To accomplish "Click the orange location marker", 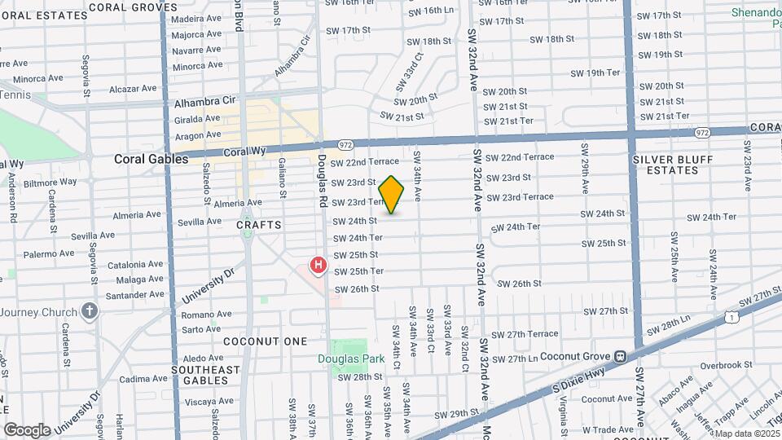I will [392, 195].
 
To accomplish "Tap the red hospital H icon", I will [319, 266].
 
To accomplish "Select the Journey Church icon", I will [90, 311].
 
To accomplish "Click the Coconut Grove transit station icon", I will [620, 355].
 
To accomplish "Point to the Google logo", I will [27, 430].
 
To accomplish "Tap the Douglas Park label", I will [350, 359].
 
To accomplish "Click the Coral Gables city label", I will [151, 160].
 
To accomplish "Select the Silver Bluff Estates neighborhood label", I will [670, 165].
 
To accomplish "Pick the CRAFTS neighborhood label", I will [259, 224].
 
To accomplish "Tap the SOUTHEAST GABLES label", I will [206, 375].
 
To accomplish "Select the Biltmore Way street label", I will [51, 182].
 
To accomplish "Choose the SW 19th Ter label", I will [595, 73].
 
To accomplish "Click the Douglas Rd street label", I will [323, 180].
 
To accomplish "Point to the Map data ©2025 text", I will [747, 433].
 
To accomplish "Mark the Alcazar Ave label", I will [132, 88].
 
